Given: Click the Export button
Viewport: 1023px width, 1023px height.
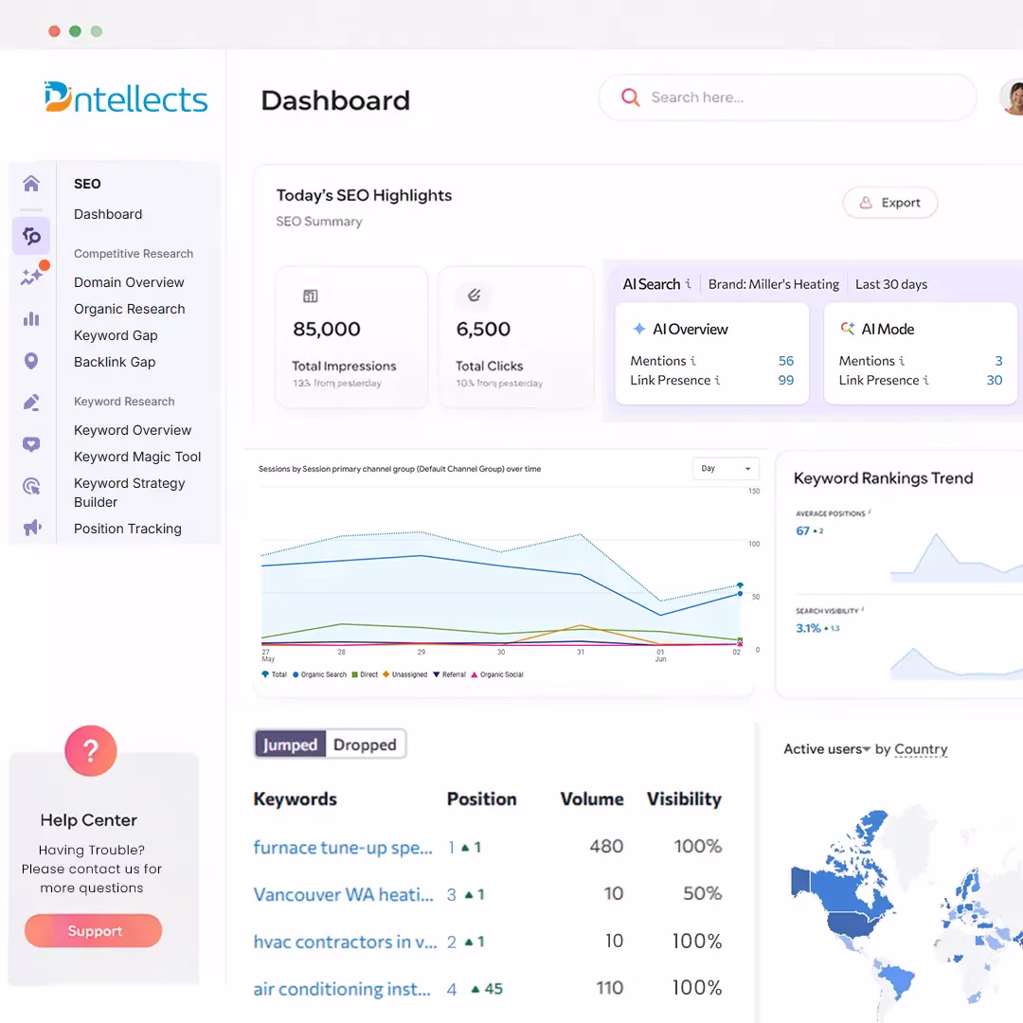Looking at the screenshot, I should pyautogui.click(x=890, y=203).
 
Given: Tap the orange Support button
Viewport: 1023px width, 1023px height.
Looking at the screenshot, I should pyautogui.click(x=94, y=931).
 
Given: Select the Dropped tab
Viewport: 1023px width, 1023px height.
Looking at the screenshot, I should pyautogui.click(x=365, y=745).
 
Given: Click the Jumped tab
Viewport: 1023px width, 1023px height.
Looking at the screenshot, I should pyautogui.click(x=290, y=745).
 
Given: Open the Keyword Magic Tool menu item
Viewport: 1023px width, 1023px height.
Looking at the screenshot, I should pyautogui.click(x=137, y=457).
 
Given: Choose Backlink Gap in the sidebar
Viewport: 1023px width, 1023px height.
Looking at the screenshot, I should pyautogui.click(x=115, y=362).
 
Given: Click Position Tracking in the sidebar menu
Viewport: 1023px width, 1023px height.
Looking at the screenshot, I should pyautogui.click(x=128, y=529).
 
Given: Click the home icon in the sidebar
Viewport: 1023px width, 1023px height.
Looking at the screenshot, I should pyautogui.click(x=31, y=184).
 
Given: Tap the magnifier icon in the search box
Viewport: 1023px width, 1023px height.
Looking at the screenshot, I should pyautogui.click(x=630, y=98).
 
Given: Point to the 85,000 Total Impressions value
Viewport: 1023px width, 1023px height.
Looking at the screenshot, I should pyautogui.click(x=327, y=330).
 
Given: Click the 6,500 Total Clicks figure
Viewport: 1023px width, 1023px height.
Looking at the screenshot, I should pyautogui.click(x=483, y=330).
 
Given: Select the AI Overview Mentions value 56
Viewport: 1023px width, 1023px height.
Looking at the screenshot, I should pyautogui.click(x=785, y=361).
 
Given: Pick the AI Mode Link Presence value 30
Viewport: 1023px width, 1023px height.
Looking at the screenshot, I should pyautogui.click(x=994, y=380).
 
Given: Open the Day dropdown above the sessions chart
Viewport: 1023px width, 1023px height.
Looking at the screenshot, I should pyautogui.click(x=726, y=469).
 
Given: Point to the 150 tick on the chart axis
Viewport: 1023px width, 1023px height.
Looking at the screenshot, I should pyautogui.click(x=754, y=491).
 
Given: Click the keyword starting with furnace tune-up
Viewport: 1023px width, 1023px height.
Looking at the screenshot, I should pyautogui.click(x=343, y=847).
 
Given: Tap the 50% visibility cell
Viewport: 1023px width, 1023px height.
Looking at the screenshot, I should pyautogui.click(x=702, y=893).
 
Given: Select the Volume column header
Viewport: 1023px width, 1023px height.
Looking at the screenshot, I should pyautogui.click(x=592, y=799).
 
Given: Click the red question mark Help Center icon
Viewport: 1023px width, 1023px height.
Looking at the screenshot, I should pyautogui.click(x=91, y=752).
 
